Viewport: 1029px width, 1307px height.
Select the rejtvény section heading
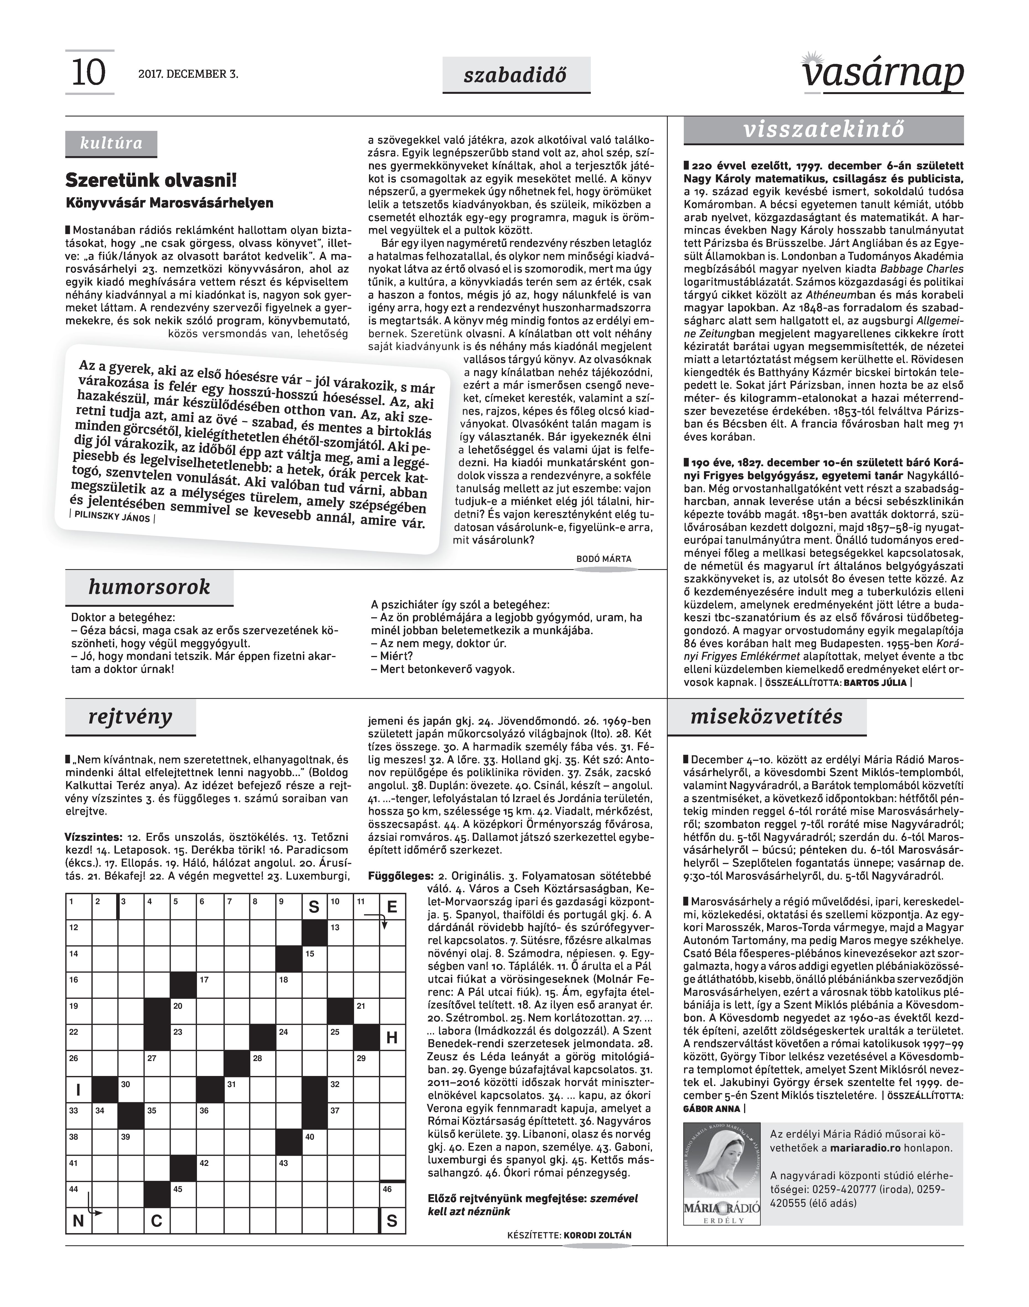130,717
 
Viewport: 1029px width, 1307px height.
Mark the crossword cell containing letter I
78,1090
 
